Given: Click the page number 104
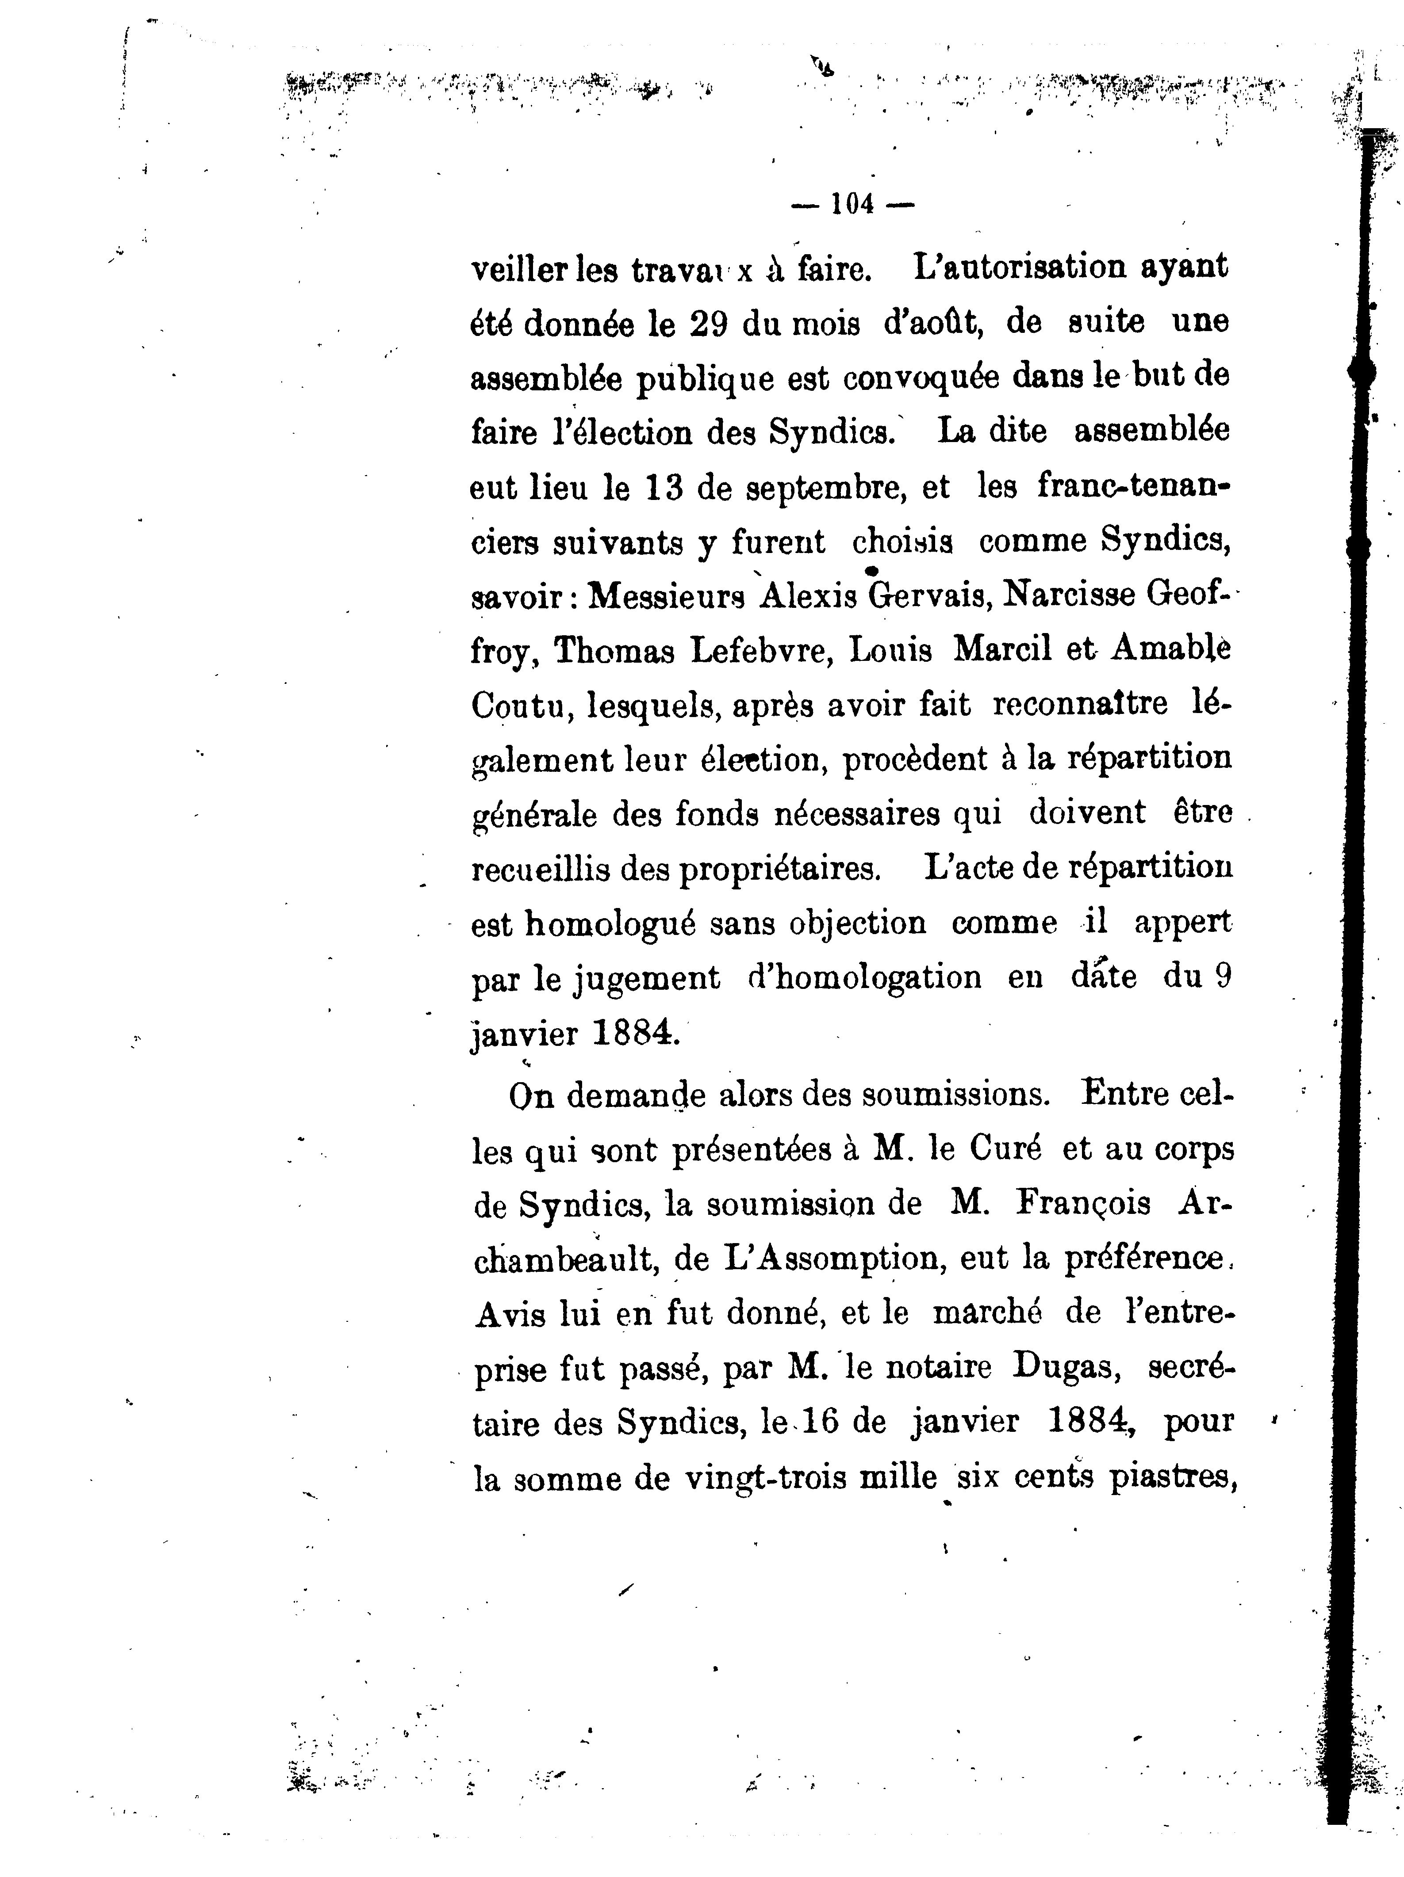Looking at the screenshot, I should pos(852,205).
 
